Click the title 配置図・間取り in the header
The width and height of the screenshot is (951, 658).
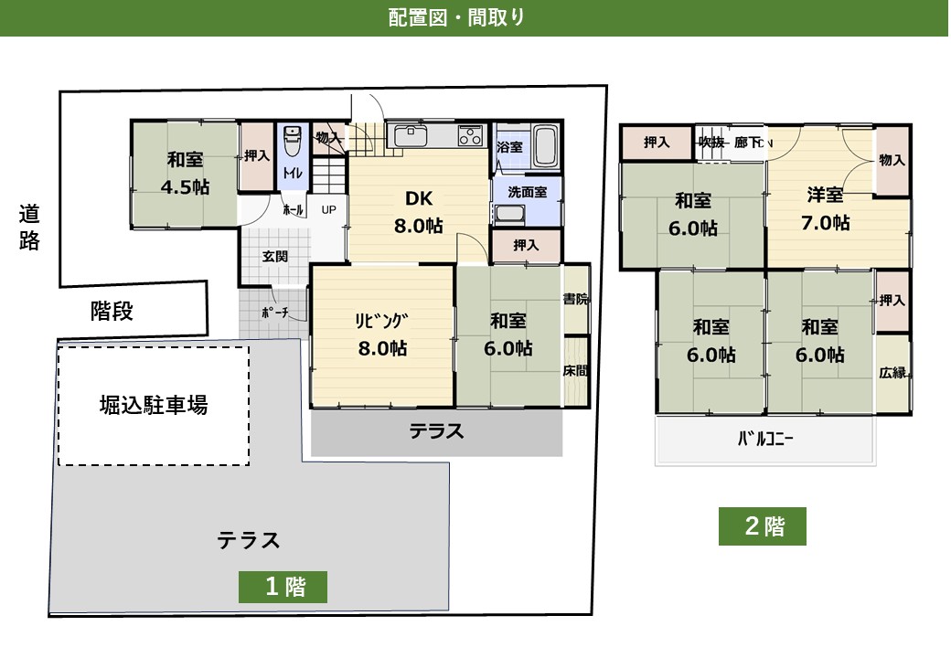pyautogui.click(x=456, y=17)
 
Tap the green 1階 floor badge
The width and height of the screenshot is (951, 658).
pyautogui.click(x=283, y=587)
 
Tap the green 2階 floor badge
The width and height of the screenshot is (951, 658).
pyautogui.click(x=763, y=526)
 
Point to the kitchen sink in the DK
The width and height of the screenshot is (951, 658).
pyautogui.click(x=408, y=137)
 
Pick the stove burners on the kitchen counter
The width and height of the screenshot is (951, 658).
pyautogui.click(x=470, y=136)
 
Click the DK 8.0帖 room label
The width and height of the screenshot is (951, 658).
pyautogui.click(x=418, y=212)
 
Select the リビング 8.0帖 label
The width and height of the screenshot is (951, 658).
pyautogui.click(x=381, y=334)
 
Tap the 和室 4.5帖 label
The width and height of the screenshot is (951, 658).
pyautogui.click(x=185, y=173)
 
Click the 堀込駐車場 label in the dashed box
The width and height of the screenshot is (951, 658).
pyautogui.click(x=154, y=405)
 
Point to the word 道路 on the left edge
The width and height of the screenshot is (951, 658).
pyautogui.click(x=29, y=228)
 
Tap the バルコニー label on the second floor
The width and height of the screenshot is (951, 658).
pyautogui.click(x=764, y=438)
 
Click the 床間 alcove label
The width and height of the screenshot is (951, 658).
pyautogui.click(x=575, y=370)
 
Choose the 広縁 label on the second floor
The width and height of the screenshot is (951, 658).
pyautogui.click(x=892, y=373)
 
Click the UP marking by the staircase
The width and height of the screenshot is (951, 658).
pyautogui.click(x=328, y=208)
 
